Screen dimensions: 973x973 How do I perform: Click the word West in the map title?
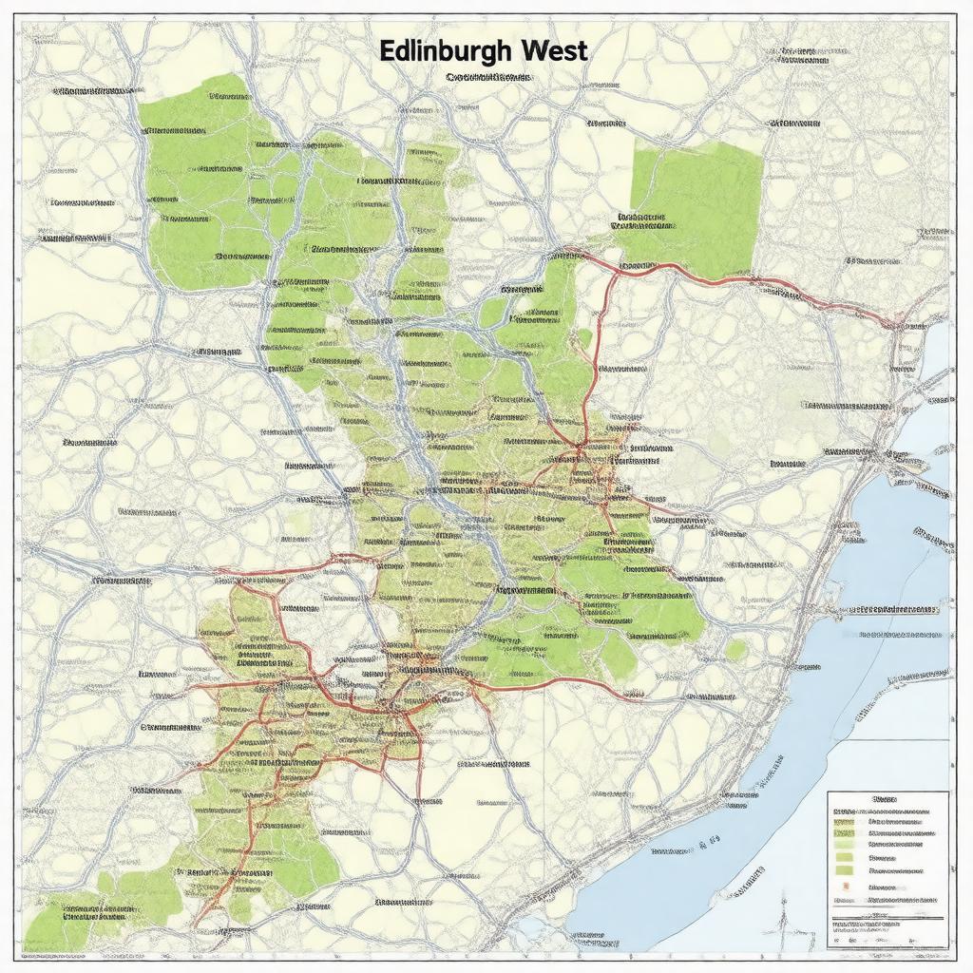(x=548, y=50)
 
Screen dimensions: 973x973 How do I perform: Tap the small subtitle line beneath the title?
(x=486, y=76)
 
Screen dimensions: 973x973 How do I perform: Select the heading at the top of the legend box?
(x=885, y=800)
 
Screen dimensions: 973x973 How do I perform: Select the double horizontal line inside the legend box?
(x=888, y=918)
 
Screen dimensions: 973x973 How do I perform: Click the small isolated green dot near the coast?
(x=736, y=650)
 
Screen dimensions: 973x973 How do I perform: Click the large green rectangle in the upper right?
(x=698, y=204)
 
